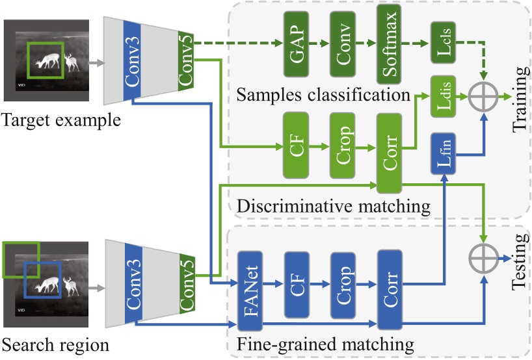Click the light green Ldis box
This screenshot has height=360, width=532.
(x=442, y=98)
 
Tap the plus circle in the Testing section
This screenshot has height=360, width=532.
(x=483, y=258)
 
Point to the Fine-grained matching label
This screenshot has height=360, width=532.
(x=326, y=341)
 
